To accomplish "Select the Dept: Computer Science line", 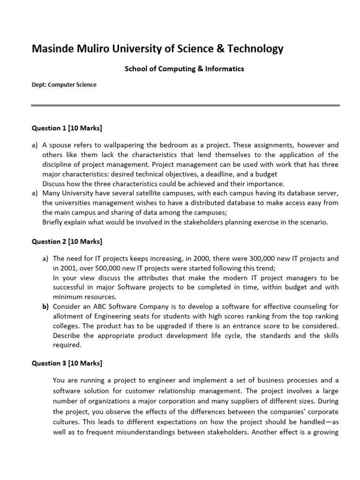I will (x=64, y=85).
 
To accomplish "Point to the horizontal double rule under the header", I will (x=185, y=106).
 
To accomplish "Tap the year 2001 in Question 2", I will (x=68, y=268).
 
